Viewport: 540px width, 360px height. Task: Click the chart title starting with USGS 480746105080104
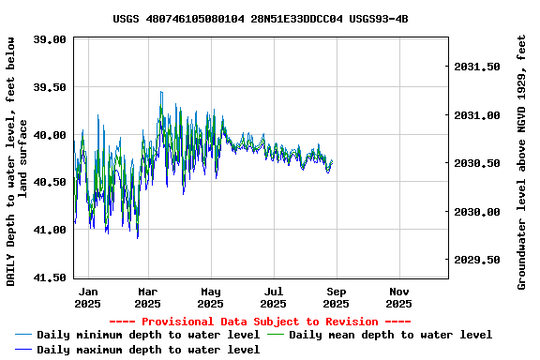coord(260,18)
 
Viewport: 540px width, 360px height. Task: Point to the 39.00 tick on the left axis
coord(50,39)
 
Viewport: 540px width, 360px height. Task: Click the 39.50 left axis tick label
coord(50,87)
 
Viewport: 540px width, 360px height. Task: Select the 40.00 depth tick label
coord(50,135)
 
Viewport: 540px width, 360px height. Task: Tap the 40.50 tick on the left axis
coord(50,182)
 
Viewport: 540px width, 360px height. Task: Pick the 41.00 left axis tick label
coord(50,230)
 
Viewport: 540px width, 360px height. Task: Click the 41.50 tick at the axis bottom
coord(50,277)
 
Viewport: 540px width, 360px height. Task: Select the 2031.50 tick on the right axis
coord(477,67)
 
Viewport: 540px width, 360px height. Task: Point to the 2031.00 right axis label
coord(477,115)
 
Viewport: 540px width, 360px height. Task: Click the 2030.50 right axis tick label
coord(477,164)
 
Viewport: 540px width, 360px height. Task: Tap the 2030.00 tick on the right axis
coord(477,212)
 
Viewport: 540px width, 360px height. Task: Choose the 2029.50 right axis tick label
coord(477,260)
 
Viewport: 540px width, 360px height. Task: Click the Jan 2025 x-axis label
coord(87,297)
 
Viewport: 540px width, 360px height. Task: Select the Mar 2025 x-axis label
coord(147,297)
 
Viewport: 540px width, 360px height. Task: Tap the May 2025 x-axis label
coord(210,297)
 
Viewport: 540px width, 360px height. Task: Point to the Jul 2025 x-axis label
coord(273,297)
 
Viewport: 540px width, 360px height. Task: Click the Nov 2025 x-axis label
coord(398,297)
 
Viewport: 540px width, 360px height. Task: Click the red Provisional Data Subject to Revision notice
coord(261,322)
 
